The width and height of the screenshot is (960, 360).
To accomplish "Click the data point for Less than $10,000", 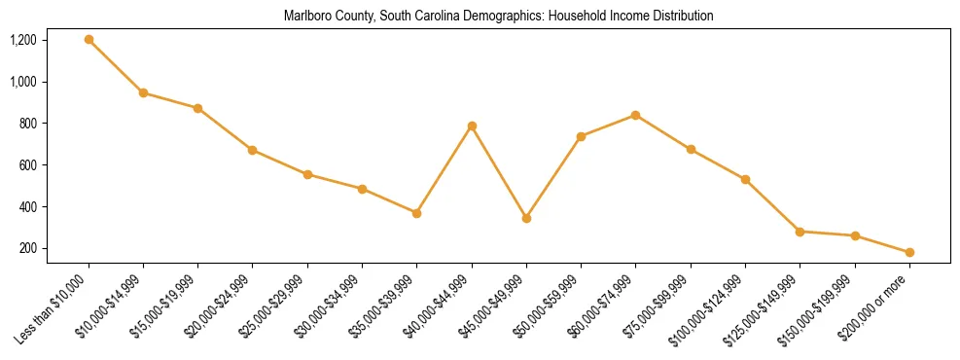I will (x=89, y=40).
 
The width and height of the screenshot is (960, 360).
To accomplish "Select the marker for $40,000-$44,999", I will (x=472, y=126).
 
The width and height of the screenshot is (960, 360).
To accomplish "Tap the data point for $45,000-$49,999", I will (x=526, y=218).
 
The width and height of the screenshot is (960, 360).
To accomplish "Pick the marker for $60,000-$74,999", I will (x=635, y=115).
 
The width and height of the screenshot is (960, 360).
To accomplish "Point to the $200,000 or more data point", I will (x=909, y=252).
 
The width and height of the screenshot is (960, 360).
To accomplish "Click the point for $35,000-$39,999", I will (x=416, y=213).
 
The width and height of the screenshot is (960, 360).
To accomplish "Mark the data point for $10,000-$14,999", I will (x=143, y=93).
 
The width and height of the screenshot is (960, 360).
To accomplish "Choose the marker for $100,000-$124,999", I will (x=745, y=180).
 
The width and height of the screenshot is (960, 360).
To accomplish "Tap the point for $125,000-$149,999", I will (x=800, y=232).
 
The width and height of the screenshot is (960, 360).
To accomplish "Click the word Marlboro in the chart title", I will (x=305, y=17).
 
